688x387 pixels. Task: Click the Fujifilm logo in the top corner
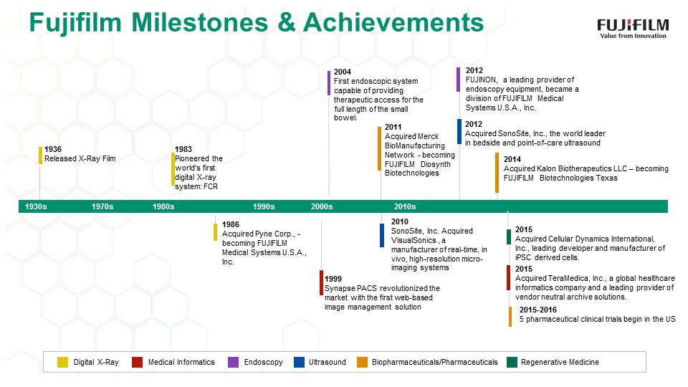[633, 29]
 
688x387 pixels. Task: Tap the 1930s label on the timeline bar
[36, 206]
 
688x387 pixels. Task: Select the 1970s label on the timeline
[102, 206]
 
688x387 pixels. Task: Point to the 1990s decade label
[264, 206]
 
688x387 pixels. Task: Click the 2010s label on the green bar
[405, 206]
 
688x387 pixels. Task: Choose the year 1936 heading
[53, 149]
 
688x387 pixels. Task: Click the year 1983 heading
[183, 149]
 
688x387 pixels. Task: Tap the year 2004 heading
[343, 72]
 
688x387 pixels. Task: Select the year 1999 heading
[333, 279]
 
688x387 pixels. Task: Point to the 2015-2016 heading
[538, 310]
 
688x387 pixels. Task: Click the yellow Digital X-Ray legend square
[63, 362]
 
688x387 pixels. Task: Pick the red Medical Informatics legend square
[138, 362]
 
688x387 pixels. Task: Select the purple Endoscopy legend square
[234, 362]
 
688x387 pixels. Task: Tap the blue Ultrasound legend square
[300, 362]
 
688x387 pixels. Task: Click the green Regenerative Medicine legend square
[512, 362]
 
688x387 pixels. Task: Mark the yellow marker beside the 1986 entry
[216, 232]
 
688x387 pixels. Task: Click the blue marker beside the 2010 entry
[382, 235]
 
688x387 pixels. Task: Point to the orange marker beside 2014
[497, 173]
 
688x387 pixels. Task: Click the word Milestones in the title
[200, 22]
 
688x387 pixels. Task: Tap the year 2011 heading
[393, 128]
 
